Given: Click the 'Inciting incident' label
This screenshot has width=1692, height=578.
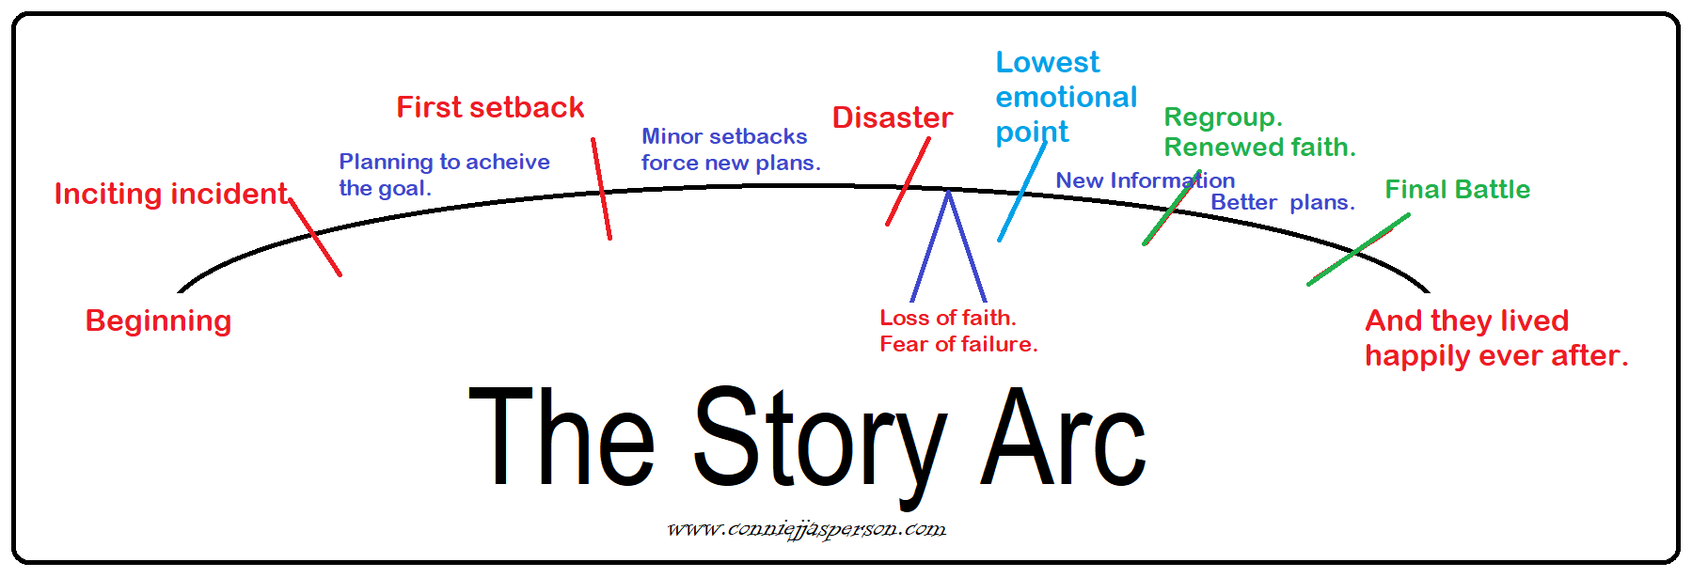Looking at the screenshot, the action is [x=170, y=194].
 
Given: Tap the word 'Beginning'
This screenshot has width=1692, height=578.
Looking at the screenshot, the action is [x=158, y=320].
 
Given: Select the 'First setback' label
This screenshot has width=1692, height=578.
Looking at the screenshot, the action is [x=490, y=107].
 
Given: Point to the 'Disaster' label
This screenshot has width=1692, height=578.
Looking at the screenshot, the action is [x=893, y=117].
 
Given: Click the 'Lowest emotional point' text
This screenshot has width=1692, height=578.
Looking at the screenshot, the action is [x=1066, y=97].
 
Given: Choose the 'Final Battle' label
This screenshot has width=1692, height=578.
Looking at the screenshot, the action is [x=1457, y=190].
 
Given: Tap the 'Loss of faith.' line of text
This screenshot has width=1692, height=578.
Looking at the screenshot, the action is [x=947, y=318].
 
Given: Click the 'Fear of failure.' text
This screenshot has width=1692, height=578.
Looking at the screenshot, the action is [x=958, y=344].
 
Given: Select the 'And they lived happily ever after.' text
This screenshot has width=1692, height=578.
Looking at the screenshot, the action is [x=1495, y=338].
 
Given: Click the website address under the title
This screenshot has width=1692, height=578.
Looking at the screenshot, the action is [x=807, y=529].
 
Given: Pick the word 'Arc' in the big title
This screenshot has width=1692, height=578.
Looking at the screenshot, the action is [x=1063, y=440].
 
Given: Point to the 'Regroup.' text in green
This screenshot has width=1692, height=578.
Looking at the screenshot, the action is [x=1223, y=117].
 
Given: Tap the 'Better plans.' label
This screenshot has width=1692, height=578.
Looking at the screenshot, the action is [x=1282, y=202].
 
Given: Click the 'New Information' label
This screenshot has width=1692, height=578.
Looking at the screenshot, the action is [x=1145, y=180].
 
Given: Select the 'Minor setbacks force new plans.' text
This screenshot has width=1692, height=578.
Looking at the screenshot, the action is [x=731, y=149].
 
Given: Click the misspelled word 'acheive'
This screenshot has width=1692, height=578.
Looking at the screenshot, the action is [x=508, y=162].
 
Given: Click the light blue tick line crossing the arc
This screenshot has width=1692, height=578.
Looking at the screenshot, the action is [x=1021, y=193].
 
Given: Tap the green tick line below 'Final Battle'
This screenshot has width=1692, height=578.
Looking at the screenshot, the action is [x=1358, y=250].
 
